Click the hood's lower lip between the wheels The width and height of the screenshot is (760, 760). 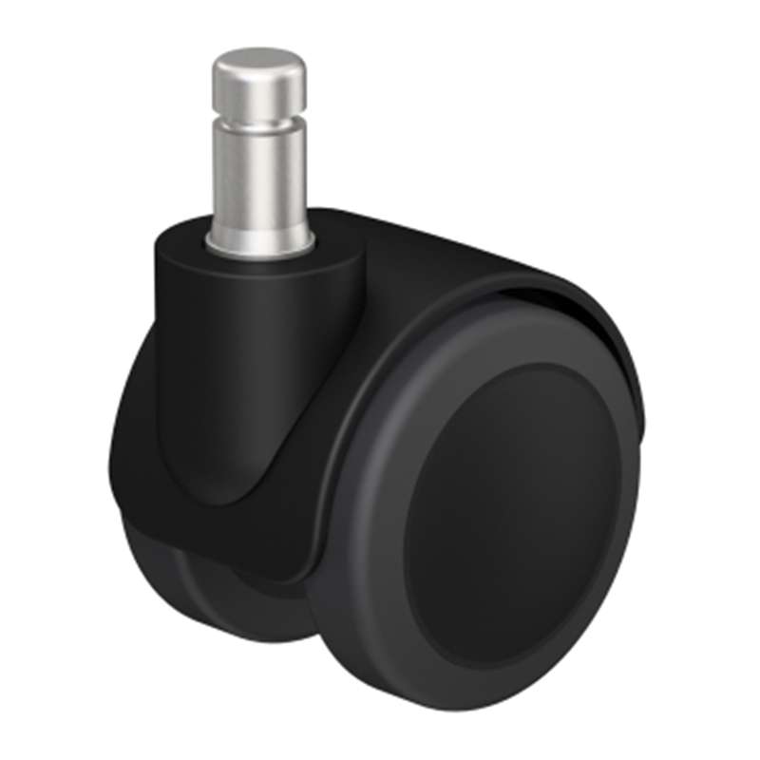[285, 560]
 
